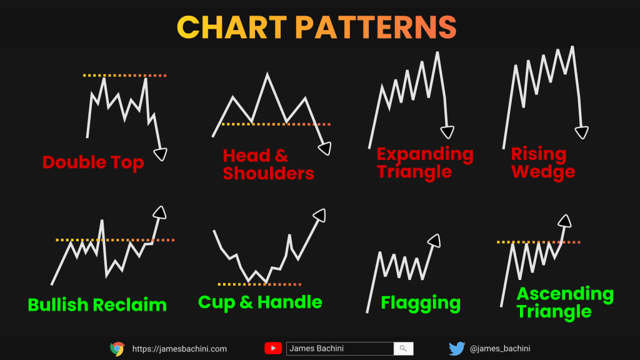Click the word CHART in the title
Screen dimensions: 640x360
click(231, 27)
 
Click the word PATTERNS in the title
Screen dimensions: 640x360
click(376, 27)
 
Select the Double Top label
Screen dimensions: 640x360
click(93, 162)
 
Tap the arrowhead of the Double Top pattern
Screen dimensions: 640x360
click(161, 154)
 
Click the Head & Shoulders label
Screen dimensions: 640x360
click(268, 164)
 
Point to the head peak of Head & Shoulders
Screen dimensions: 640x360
click(267, 74)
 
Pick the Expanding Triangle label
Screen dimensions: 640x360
click(425, 162)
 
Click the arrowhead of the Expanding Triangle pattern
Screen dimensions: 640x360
click(447, 132)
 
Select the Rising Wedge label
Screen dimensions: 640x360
click(543, 162)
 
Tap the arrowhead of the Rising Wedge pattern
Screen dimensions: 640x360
click(582, 132)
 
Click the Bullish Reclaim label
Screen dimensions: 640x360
click(97, 305)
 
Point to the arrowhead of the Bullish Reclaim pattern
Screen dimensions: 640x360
click(159, 212)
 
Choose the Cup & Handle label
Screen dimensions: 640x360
click(260, 302)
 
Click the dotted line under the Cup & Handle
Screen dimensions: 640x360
click(259, 284)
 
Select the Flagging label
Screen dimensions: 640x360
click(421, 303)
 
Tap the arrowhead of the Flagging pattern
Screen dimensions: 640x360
click(434, 241)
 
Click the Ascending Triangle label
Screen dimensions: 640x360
click(565, 302)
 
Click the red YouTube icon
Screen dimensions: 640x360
click(273, 349)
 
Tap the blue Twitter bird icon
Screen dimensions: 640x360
click(457, 349)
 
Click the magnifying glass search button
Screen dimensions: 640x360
click(403, 349)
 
